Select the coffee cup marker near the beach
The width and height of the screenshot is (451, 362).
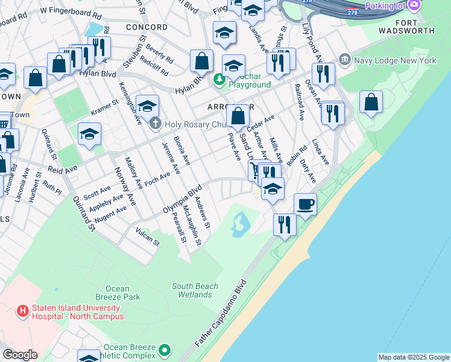click(x=306, y=205)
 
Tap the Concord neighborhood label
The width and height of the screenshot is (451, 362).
click(x=147, y=27)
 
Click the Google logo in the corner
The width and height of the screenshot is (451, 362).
click(x=19, y=355)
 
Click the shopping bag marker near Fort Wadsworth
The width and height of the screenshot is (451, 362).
click(x=371, y=103)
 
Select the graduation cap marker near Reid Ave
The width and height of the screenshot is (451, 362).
click(x=89, y=135)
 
